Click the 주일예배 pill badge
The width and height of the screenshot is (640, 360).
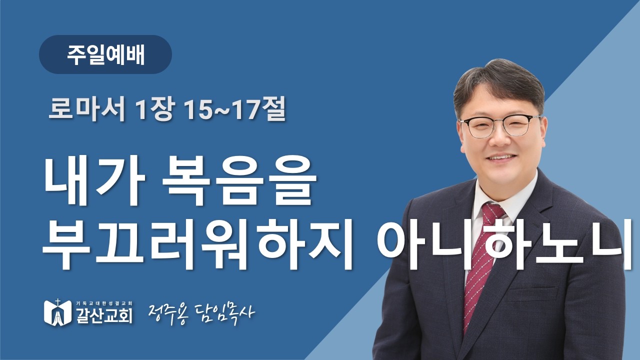click(105, 55)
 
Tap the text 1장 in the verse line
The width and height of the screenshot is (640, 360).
click(154, 110)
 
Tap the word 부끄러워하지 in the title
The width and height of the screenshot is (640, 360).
click(197, 244)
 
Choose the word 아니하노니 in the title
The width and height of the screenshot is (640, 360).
click(500, 244)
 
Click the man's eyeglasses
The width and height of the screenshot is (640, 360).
click(500, 125)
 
